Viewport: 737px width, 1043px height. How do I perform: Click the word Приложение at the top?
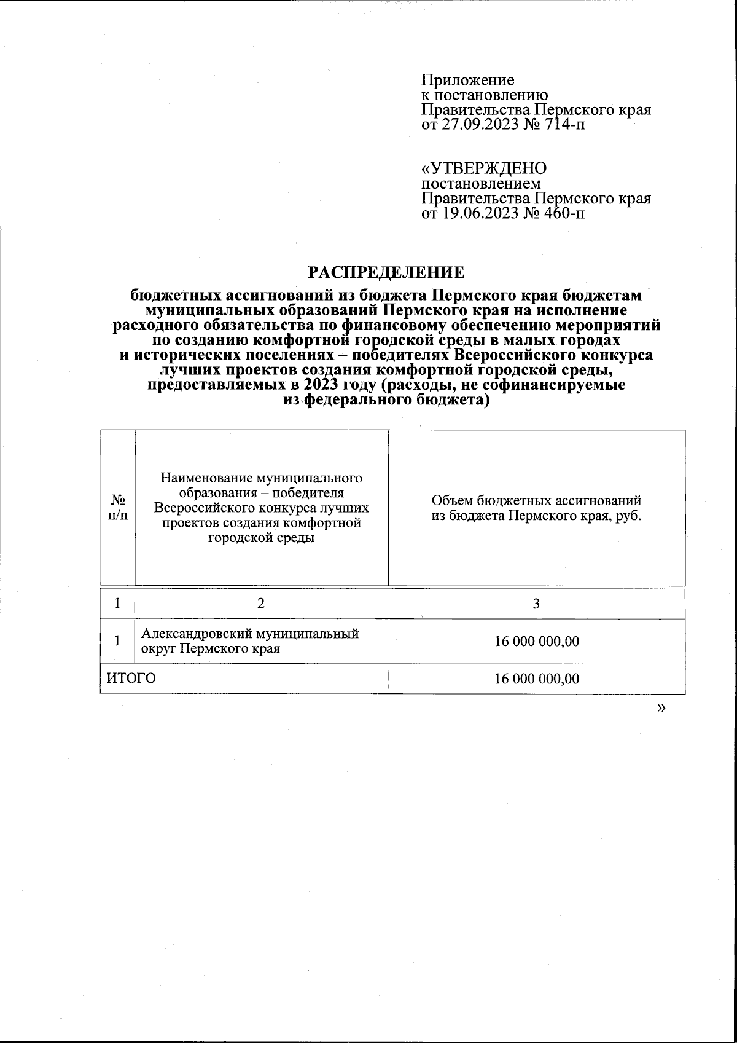point(467,81)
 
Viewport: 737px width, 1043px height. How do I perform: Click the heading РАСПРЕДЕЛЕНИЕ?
point(386,272)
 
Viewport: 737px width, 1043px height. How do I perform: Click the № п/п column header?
point(117,508)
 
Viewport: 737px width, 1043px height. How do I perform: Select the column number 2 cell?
point(261,604)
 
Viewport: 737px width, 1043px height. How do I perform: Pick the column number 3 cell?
point(536,604)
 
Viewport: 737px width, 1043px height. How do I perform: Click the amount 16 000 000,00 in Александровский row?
point(537,642)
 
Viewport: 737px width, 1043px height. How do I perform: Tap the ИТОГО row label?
point(131,679)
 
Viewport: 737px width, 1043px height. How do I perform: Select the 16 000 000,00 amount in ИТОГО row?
point(537,679)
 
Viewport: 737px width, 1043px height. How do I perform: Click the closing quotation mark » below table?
point(661,708)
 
